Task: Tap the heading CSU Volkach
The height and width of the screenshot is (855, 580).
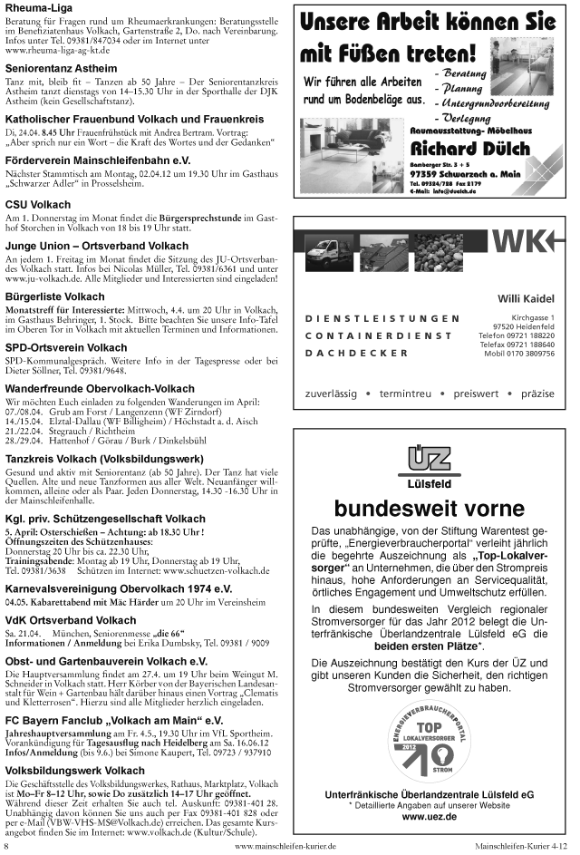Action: click(33, 204)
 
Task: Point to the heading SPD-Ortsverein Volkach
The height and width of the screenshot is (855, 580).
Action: click(66, 347)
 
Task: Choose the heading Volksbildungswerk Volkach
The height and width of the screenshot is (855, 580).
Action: click(74, 771)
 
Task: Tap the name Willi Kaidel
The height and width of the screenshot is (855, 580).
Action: click(526, 300)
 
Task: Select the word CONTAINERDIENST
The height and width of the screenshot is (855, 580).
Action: click(379, 335)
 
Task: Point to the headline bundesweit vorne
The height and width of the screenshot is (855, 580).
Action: click(429, 507)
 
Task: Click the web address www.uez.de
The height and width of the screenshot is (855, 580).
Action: click(429, 817)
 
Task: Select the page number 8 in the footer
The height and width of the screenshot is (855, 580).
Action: click(7, 846)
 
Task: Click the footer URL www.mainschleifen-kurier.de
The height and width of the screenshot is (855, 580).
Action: click(285, 846)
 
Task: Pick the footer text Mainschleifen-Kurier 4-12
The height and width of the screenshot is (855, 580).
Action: click(520, 846)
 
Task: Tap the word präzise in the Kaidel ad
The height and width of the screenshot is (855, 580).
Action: click(537, 394)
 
